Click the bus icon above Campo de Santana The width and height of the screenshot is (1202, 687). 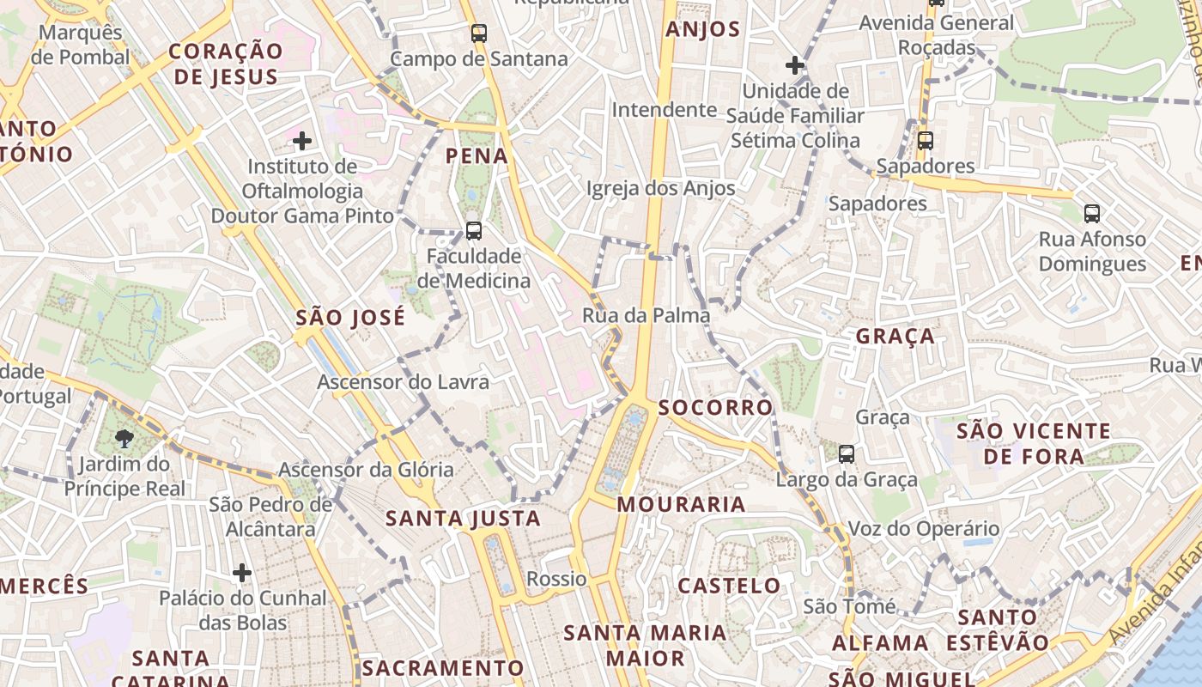pyautogui.click(x=479, y=34)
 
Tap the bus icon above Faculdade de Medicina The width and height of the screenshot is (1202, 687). pyautogui.click(x=473, y=231)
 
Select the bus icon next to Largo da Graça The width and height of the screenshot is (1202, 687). pyautogui.click(x=847, y=454)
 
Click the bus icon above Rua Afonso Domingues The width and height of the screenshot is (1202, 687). pyautogui.click(x=1092, y=214)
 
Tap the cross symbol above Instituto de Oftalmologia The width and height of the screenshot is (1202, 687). pyautogui.click(x=302, y=141)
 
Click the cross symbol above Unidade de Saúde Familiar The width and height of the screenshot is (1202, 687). pyautogui.click(x=795, y=64)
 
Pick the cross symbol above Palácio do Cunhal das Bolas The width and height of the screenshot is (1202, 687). pyautogui.click(x=242, y=572)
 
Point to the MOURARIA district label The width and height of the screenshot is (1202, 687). pyautogui.click(x=682, y=504)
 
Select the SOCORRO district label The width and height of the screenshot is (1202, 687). pyautogui.click(x=716, y=407)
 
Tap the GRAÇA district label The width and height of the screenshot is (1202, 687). pyautogui.click(x=895, y=336)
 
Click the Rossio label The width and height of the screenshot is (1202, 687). pyautogui.click(x=557, y=579)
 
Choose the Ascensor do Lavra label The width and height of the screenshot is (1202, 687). pyautogui.click(x=404, y=382)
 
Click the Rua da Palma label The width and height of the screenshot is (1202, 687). pyautogui.click(x=647, y=315)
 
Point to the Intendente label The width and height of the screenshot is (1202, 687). pyautogui.click(x=664, y=110)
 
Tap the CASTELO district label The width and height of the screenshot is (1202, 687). pyautogui.click(x=730, y=586)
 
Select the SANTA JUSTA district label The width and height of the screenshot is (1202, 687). pyautogui.click(x=463, y=518)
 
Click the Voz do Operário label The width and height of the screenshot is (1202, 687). pyautogui.click(x=924, y=528)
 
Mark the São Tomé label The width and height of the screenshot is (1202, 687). pyautogui.click(x=849, y=606)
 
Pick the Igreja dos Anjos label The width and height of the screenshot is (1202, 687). pyautogui.click(x=661, y=188)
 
